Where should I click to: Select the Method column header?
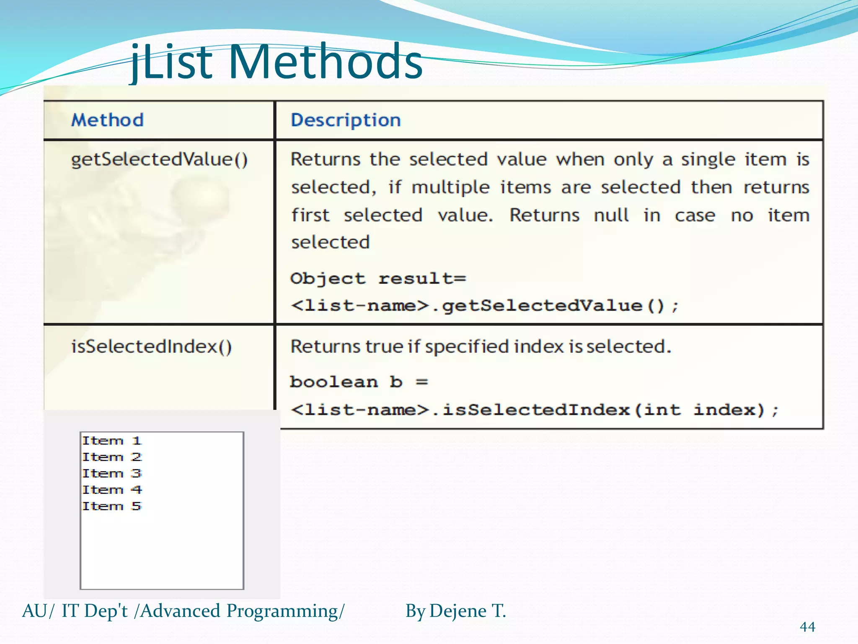point(107,120)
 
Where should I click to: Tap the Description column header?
point(346,120)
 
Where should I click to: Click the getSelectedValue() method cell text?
point(159,160)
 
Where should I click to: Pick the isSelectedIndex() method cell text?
point(151,347)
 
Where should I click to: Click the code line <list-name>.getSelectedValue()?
point(484,306)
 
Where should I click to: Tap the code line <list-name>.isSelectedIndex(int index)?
point(535,410)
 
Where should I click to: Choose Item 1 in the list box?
point(112,441)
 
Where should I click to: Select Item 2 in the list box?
point(112,457)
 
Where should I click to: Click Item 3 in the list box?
point(112,473)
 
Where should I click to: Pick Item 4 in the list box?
point(112,490)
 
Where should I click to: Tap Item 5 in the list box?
point(112,506)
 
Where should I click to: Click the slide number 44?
point(807,627)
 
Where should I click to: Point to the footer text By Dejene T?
point(455,611)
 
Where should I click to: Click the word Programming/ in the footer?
point(285,611)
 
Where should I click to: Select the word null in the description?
point(611,216)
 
